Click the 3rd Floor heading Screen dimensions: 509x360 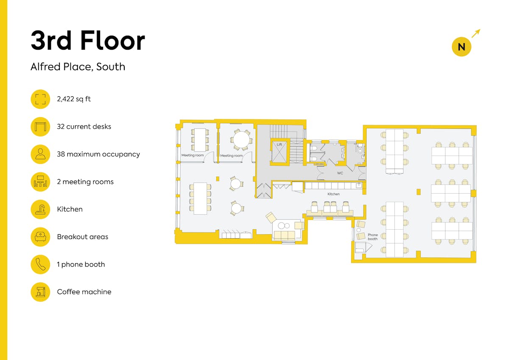[88, 40]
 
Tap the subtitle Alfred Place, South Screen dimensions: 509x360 [78, 67]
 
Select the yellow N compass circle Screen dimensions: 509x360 [461, 47]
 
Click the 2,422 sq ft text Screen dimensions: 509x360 [74, 99]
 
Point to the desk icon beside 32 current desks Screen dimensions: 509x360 [40, 127]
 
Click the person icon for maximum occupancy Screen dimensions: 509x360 [40, 154]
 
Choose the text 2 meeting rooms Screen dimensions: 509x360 [85, 182]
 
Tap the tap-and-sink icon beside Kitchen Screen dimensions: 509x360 [40, 209]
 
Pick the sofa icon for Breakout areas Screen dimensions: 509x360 [40, 237]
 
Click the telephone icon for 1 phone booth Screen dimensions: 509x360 [40, 264]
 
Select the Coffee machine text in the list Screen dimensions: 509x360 [84, 292]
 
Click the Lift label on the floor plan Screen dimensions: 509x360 [279, 144]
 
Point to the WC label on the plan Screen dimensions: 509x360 [340, 173]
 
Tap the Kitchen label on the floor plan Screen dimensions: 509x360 [333, 194]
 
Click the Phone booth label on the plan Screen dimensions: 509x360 [373, 237]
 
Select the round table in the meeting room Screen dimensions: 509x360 [241, 140]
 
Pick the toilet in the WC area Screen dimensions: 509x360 [360, 149]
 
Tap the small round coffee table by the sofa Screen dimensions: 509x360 [281, 225]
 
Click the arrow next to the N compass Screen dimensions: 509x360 [476, 33]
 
